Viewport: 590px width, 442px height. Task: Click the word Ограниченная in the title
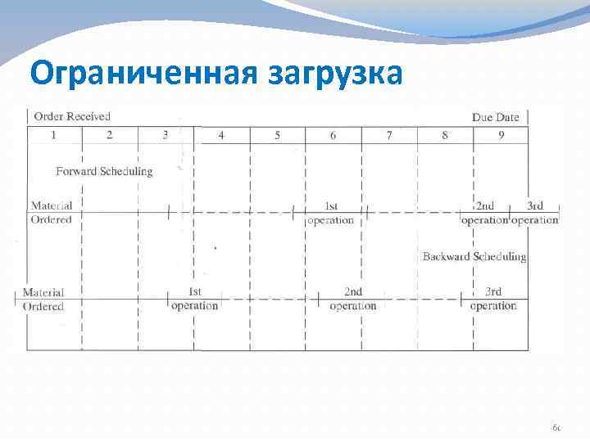(x=143, y=74)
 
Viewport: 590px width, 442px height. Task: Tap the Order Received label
(x=72, y=117)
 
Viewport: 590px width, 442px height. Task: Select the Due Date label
(x=495, y=117)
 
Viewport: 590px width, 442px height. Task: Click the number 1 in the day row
(x=54, y=135)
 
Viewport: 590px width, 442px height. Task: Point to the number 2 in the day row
(x=110, y=135)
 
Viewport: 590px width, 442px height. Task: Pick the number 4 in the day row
(x=221, y=135)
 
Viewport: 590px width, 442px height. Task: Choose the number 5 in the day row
(x=277, y=135)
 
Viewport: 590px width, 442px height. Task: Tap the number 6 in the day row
(x=333, y=135)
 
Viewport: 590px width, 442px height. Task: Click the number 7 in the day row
(x=389, y=135)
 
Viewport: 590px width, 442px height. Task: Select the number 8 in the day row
(x=445, y=135)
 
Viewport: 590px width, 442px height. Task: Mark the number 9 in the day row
(x=501, y=135)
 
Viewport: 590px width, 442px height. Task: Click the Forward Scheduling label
(x=104, y=171)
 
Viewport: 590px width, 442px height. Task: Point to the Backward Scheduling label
(x=474, y=257)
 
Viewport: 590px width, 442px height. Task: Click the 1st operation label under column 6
(x=332, y=213)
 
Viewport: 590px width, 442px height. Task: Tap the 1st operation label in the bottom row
(x=195, y=299)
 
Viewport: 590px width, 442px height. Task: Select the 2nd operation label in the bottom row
(x=353, y=299)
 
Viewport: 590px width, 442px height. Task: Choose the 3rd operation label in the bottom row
(x=493, y=299)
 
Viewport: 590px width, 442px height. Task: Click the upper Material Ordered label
(x=52, y=213)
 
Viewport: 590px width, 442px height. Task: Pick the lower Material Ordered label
(x=43, y=299)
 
